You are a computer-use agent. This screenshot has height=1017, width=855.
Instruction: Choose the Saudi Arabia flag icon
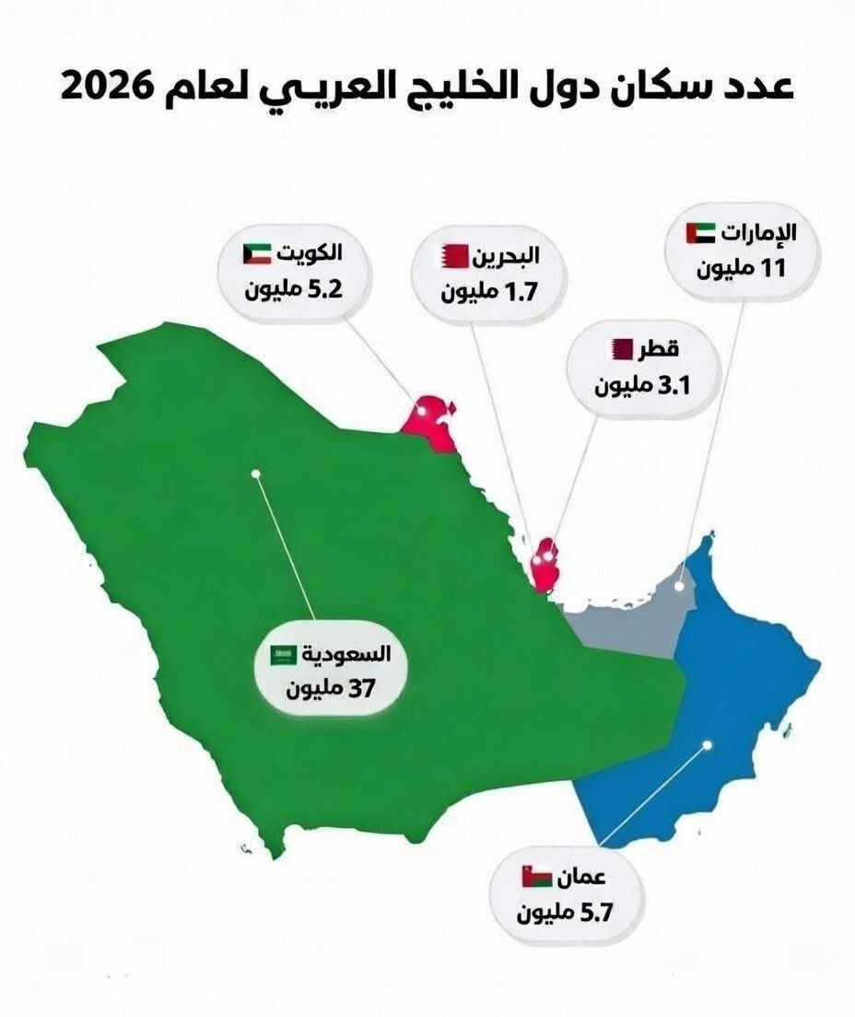283,655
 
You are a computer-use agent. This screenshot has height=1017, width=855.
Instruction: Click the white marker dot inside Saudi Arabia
256,473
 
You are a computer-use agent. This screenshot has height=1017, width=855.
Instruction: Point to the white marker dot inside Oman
708,744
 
